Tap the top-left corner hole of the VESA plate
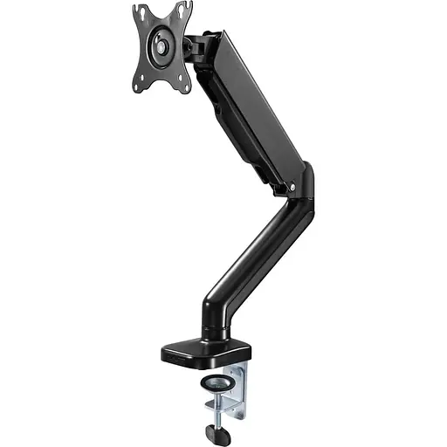tap(137, 12)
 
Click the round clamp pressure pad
tap(215, 384)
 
